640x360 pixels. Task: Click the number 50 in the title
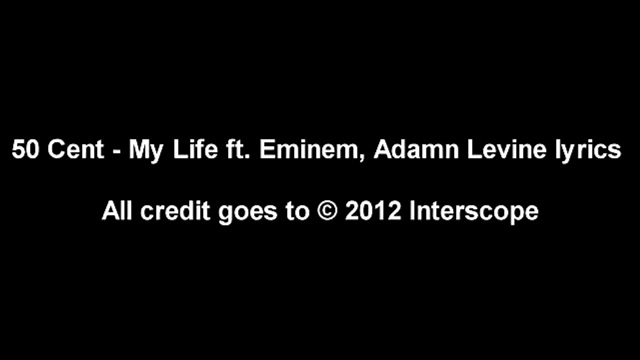[25, 150]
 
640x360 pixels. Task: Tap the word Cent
[75, 150]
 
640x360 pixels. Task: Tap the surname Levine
[506, 150]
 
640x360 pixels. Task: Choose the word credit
[175, 211]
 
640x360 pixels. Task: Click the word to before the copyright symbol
[297, 211]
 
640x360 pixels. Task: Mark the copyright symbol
[327, 211]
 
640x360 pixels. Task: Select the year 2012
[373, 211]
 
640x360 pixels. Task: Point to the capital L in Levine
[472, 150]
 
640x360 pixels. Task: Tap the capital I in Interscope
[412, 211]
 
